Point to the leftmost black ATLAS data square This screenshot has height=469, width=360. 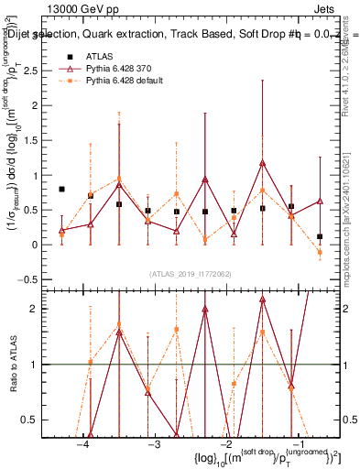point(61,189)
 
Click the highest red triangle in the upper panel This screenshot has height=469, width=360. point(262,163)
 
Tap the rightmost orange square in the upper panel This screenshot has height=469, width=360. point(320,252)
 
